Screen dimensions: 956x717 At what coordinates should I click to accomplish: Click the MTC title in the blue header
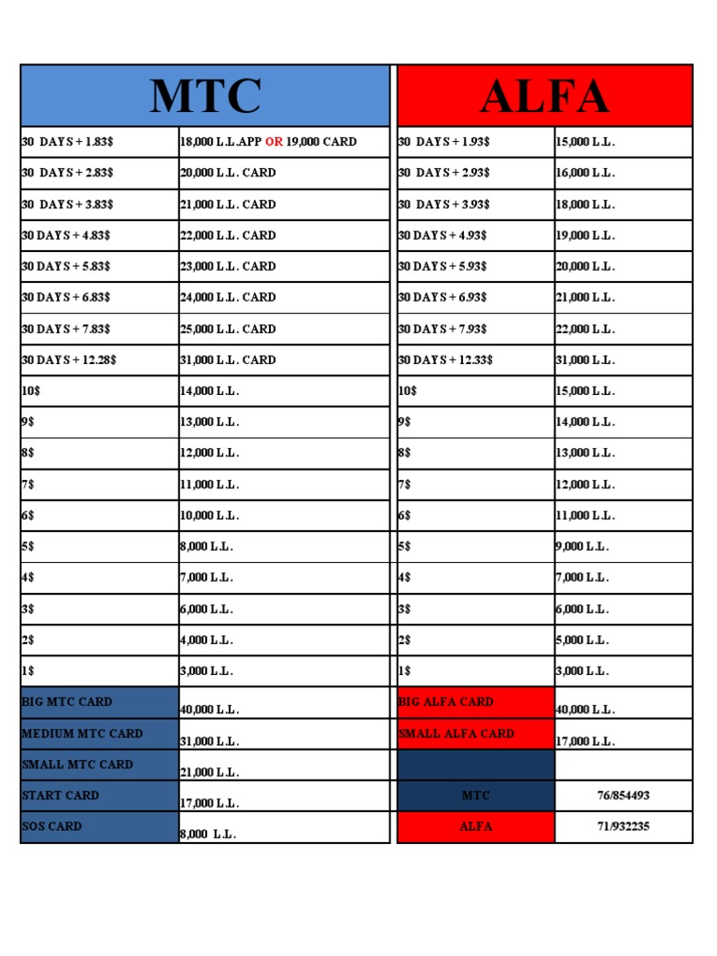205,97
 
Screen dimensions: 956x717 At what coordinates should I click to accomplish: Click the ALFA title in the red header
544,97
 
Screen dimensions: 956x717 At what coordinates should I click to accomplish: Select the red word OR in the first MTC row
274,142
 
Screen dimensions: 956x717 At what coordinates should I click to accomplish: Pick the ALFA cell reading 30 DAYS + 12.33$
445,359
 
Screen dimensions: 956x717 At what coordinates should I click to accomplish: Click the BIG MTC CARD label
66,702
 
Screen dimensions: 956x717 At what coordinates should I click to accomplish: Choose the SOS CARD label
51,826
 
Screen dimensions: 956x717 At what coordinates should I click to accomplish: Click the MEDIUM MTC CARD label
82,734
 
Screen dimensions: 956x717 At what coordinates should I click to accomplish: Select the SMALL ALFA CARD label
457,734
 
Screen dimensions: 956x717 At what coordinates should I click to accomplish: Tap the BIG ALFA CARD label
445,702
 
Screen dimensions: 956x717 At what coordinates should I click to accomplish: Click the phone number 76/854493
624,795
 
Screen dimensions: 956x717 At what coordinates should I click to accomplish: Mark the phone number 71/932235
624,826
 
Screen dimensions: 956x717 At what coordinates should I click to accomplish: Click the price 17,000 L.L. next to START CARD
209,803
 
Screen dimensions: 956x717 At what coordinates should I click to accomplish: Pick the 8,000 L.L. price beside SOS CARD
207,835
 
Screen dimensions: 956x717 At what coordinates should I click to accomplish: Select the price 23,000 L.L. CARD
228,266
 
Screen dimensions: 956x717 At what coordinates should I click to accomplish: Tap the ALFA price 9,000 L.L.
583,546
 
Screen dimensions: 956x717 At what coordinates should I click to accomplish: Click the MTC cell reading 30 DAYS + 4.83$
65,235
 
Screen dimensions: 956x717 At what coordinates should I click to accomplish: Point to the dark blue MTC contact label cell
475,795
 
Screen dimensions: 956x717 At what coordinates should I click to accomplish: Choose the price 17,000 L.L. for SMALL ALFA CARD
585,741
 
